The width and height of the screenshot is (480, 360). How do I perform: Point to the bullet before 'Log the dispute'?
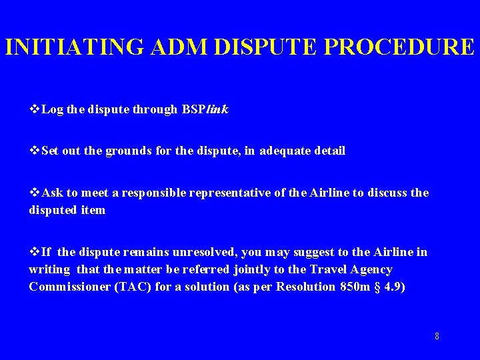coord(35,109)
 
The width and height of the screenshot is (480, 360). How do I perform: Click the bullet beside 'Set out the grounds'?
coord(35,151)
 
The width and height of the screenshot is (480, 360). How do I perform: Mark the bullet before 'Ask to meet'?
coord(35,193)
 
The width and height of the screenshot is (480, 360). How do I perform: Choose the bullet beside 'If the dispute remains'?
coord(35,252)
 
